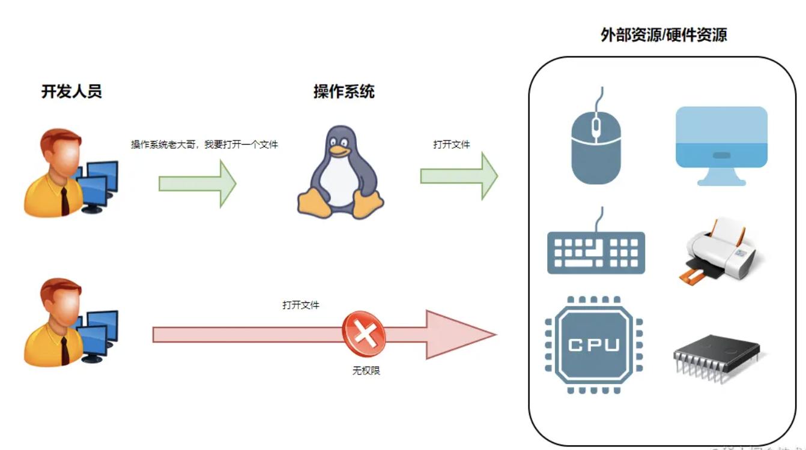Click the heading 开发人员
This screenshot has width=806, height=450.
[x=71, y=92]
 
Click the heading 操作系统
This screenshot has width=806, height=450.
[x=344, y=92]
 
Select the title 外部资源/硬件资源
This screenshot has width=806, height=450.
[x=664, y=35]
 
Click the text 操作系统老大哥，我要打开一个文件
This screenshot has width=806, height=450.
[x=205, y=145]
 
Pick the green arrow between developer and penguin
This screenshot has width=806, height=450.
[x=197, y=184]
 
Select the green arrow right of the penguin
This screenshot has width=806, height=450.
[x=459, y=176]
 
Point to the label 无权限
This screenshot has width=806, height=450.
[x=366, y=371]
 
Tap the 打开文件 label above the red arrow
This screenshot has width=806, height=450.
[x=301, y=305]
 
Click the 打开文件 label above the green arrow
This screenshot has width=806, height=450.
[x=452, y=145]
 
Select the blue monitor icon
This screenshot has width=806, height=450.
[x=721, y=145]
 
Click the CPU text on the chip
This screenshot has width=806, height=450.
[x=593, y=345]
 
